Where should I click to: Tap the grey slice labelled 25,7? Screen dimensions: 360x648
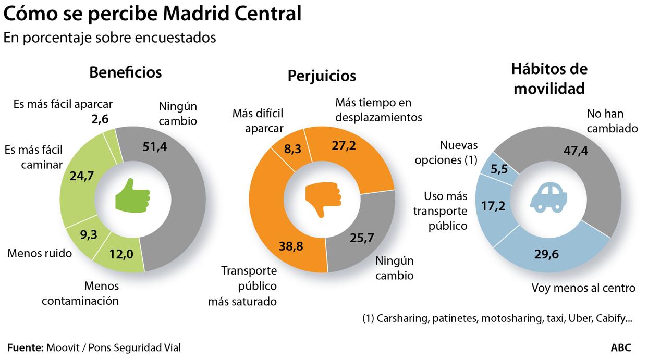coord(362,240)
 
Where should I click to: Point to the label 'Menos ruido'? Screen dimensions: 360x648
coord(39,254)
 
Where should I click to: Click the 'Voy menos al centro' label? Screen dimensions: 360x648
coord(583,288)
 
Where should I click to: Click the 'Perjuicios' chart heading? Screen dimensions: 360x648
coord(322,76)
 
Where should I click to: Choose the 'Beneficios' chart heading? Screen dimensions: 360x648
coord(125,72)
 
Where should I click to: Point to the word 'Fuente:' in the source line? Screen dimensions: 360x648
coord(25,347)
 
